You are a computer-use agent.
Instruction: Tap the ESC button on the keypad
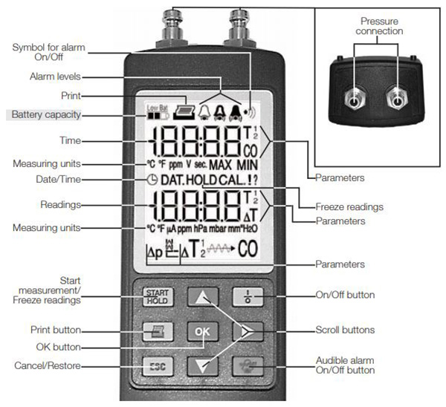click(x=156, y=365)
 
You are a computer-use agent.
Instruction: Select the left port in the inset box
click(x=354, y=99)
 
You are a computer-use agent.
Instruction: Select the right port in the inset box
click(x=398, y=99)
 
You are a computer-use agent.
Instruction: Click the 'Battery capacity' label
click(x=45, y=115)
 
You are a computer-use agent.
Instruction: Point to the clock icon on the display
click(x=152, y=180)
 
